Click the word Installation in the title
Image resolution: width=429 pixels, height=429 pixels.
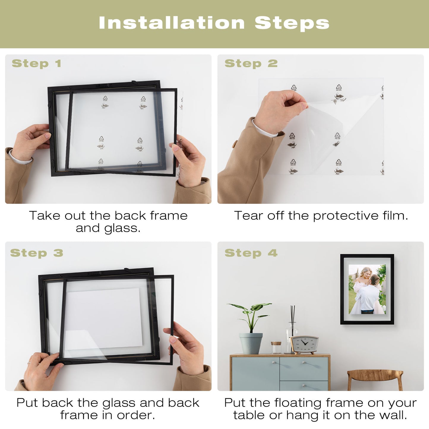click(x=172, y=23)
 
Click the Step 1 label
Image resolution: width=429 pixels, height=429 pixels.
click(x=37, y=64)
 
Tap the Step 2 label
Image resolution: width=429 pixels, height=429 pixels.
click(x=251, y=64)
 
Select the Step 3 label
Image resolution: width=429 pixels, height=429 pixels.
click(x=37, y=253)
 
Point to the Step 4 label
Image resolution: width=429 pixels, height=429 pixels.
click(x=251, y=253)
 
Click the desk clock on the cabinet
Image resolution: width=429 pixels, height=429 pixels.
click(x=305, y=345)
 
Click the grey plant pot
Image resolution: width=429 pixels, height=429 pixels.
click(x=251, y=343)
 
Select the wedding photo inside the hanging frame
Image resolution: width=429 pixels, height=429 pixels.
click(x=367, y=289)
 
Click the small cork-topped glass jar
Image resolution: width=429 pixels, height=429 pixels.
click(x=276, y=348)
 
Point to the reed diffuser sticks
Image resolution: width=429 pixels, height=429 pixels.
click(x=292, y=314)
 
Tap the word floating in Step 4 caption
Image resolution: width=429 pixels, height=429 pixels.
click(x=298, y=403)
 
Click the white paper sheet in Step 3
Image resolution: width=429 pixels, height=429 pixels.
click(x=104, y=319)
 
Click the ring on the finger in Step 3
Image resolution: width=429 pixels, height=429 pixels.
click(x=29, y=363)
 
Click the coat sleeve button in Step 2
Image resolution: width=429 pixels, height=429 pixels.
click(x=235, y=144)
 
